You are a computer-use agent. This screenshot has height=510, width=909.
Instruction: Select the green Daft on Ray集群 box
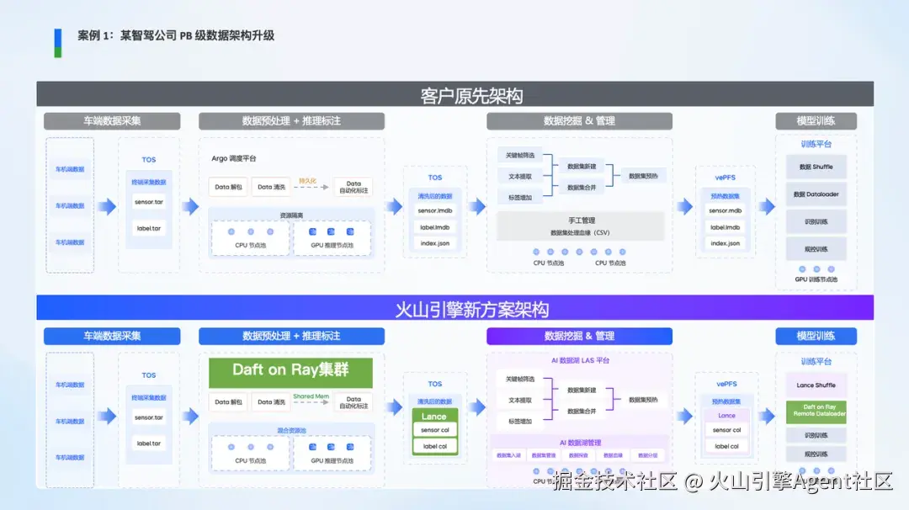[x=290, y=370]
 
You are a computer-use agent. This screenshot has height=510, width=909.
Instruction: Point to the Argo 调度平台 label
[x=234, y=158]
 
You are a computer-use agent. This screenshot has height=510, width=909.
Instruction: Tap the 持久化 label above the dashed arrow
[x=307, y=180]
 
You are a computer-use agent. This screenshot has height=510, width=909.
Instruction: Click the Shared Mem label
[x=310, y=396]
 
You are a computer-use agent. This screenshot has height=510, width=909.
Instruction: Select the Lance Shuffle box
[x=816, y=385]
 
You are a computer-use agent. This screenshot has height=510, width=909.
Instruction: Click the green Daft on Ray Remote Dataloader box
[x=816, y=411]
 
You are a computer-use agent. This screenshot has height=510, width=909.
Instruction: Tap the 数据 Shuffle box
[x=816, y=167]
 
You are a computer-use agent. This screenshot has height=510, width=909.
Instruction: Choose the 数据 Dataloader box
[x=816, y=194]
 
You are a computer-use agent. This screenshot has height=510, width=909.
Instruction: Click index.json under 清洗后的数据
[x=435, y=243]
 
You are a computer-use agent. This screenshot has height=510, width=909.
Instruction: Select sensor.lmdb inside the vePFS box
[x=726, y=210]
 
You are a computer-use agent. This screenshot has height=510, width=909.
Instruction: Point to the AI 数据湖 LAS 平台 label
[x=579, y=360]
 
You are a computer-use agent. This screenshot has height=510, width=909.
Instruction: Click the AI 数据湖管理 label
[x=580, y=443]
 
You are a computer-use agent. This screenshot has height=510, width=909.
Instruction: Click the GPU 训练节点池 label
[x=816, y=279]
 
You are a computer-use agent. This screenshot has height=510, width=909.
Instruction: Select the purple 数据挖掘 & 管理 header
[x=579, y=336]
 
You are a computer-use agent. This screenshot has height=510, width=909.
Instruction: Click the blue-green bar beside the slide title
[x=58, y=42]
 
